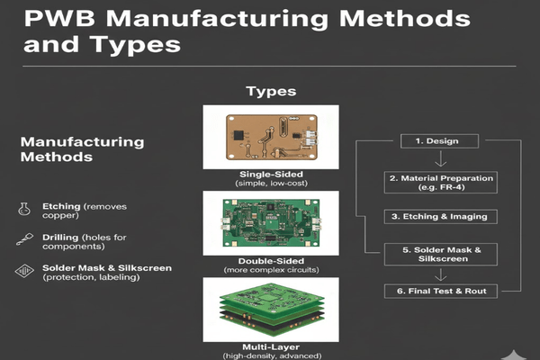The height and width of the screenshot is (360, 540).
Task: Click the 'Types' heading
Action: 271,92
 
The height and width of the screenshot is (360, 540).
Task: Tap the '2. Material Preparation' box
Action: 441,183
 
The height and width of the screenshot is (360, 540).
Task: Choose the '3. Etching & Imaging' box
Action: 440,216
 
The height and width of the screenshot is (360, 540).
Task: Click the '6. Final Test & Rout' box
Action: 440,290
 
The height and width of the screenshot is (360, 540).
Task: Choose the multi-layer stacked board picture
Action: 270,308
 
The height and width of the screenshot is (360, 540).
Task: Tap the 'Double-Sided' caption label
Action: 270,259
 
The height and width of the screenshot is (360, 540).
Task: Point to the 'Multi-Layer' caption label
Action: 270,346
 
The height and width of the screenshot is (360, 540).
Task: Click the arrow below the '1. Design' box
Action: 439,160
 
